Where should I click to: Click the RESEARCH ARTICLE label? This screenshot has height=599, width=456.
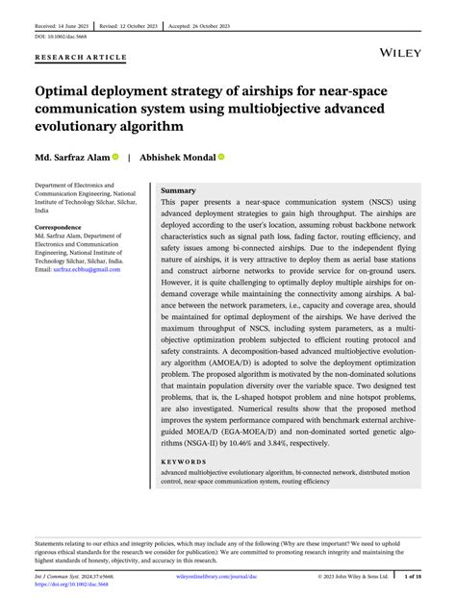[x=81, y=58]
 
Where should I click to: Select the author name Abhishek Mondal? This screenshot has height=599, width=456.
[x=177, y=156]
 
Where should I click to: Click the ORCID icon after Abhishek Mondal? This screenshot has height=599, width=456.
[x=221, y=156]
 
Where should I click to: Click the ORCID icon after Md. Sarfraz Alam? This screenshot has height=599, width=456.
[x=115, y=156]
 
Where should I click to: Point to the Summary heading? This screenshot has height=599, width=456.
[x=178, y=191]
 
